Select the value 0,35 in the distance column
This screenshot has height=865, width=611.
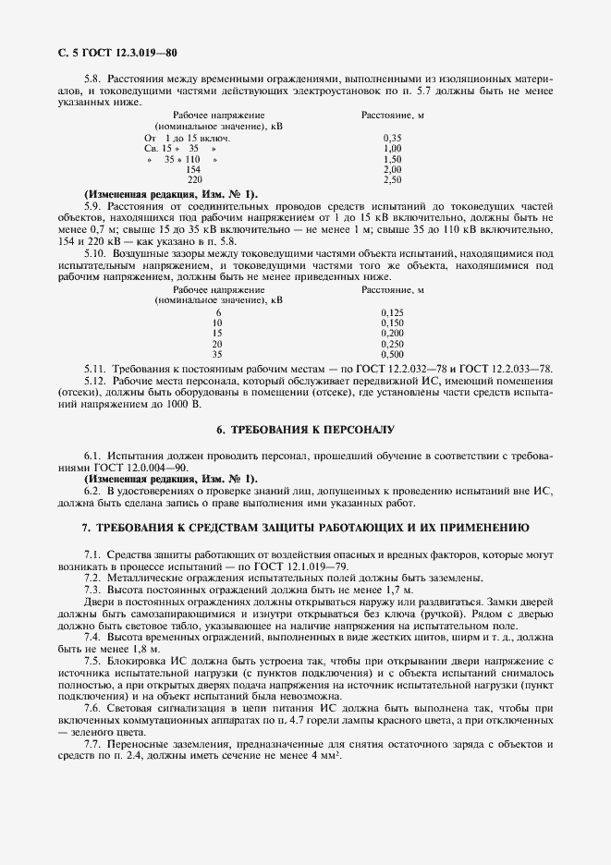391,138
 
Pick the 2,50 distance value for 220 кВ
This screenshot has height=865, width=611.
391,179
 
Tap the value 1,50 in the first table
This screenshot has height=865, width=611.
391,159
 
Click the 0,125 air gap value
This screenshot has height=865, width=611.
393,312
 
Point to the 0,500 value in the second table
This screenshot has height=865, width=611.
393,354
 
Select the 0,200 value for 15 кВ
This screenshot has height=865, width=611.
393,333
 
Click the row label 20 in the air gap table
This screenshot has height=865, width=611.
217,344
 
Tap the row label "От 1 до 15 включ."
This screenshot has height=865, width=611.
186,138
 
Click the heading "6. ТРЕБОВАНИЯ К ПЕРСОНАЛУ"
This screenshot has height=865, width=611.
305,431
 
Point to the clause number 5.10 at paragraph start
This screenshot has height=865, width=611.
94,252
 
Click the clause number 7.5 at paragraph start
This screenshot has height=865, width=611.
92,661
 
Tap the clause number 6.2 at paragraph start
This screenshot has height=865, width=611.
92,491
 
